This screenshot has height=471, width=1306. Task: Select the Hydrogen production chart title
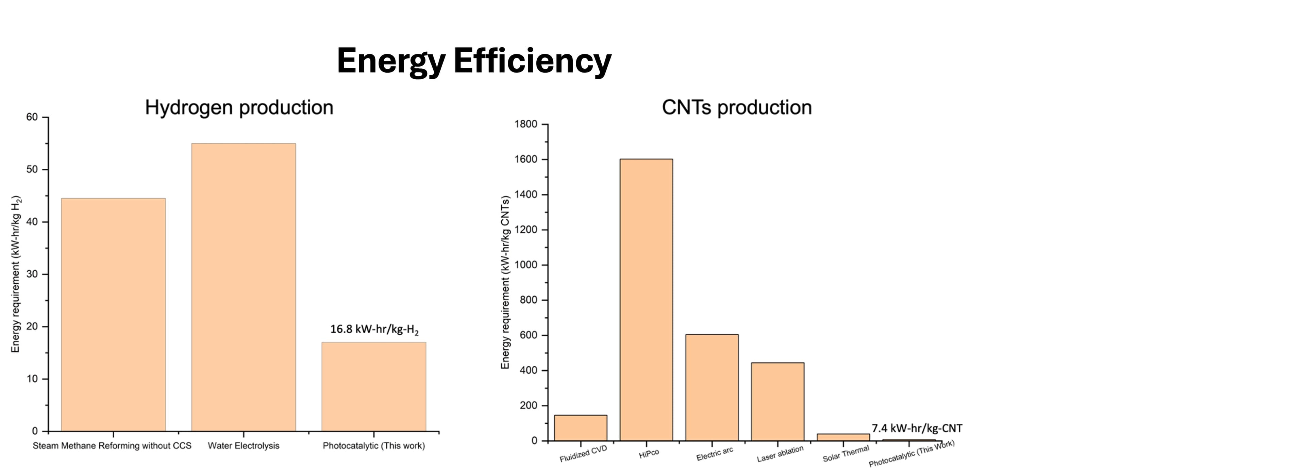[239, 107]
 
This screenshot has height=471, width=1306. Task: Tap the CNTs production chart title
[737, 107]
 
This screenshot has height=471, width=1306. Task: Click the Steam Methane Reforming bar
[113, 314]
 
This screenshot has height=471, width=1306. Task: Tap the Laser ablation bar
[777, 402]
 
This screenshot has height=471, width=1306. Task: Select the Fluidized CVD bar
[581, 428]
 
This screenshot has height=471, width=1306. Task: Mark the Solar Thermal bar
[843, 437]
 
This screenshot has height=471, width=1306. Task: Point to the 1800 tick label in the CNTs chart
[526, 124]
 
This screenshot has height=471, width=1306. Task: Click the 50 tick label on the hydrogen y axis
[32, 169]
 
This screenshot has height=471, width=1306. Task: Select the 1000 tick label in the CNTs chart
[526, 265]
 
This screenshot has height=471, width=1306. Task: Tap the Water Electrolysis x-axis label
[244, 445]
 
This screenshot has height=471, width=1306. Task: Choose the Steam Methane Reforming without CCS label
[112, 445]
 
